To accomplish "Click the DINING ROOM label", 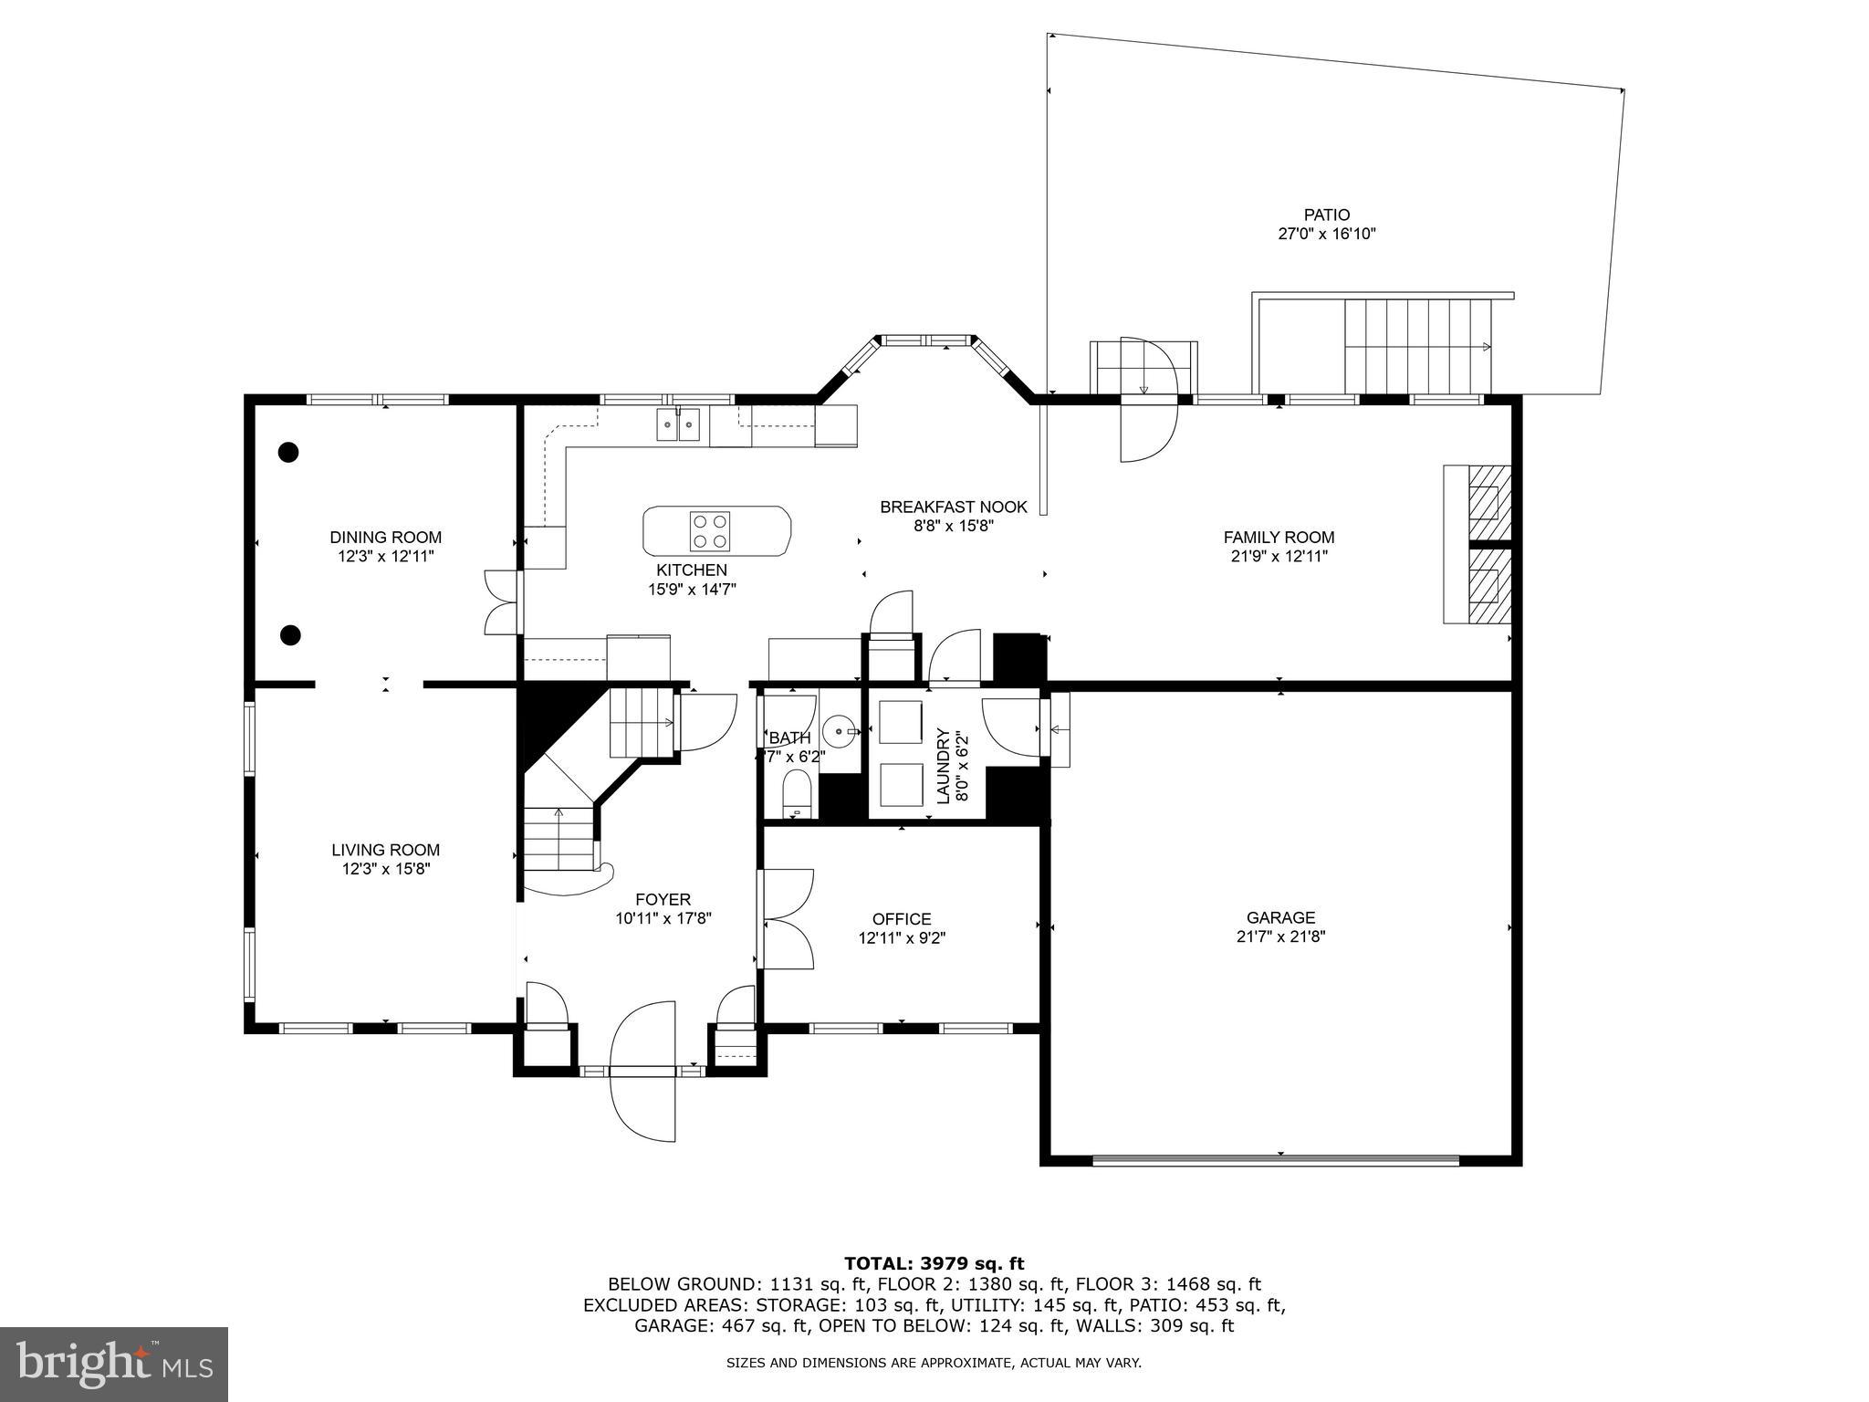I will click(x=385, y=538).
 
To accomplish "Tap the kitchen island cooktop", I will click(x=710, y=531).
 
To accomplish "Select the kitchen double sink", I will click(x=678, y=424).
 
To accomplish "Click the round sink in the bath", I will click(x=839, y=732).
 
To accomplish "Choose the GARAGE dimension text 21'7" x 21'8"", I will click(x=1280, y=936).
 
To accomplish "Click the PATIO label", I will click(x=1326, y=215).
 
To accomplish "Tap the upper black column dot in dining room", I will click(x=288, y=452).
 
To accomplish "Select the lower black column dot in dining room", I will click(x=290, y=634).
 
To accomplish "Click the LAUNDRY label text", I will click(x=943, y=766).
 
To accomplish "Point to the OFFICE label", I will click(x=901, y=919).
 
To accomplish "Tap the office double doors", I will click(x=787, y=919).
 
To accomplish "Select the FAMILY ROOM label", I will click(x=1279, y=538).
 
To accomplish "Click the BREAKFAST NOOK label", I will click(x=953, y=507).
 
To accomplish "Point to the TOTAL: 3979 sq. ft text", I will click(x=934, y=1264).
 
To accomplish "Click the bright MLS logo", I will click(x=114, y=1364).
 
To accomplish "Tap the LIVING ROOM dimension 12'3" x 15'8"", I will click(x=385, y=869).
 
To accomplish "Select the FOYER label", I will click(x=663, y=899).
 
